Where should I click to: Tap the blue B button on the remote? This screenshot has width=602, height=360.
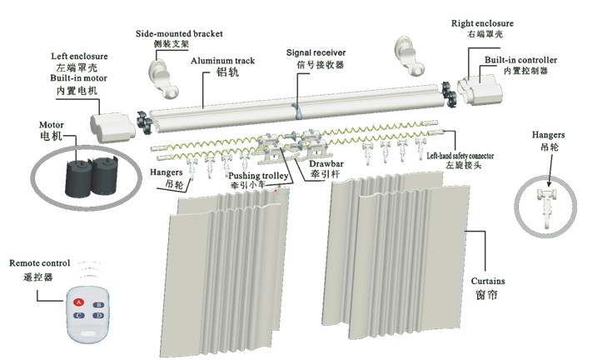(x=97, y=305)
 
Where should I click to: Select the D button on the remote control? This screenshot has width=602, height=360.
(x=99, y=317)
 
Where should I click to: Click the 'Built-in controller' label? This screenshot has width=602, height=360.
(x=520, y=60)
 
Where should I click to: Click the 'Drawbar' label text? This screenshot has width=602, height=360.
(x=326, y=164)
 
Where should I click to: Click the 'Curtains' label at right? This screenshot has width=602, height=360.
(x=488, y=281)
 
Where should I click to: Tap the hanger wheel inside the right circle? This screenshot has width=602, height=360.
(x=549, y=196)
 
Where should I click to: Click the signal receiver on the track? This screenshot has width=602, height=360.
(x=297, y=111)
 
